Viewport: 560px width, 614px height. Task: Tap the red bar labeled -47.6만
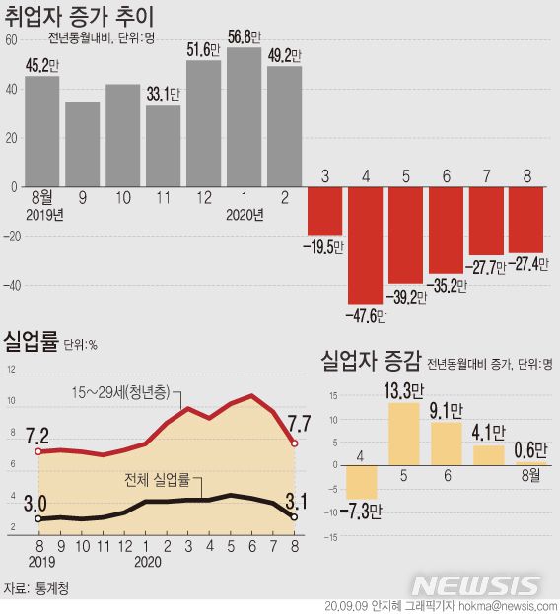365,244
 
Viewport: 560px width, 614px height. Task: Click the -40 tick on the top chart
11,285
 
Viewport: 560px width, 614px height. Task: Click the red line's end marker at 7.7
295,443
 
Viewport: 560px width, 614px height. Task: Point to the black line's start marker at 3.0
38,517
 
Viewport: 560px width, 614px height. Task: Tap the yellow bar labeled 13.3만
404,434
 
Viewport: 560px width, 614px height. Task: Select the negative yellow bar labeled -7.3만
362,481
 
